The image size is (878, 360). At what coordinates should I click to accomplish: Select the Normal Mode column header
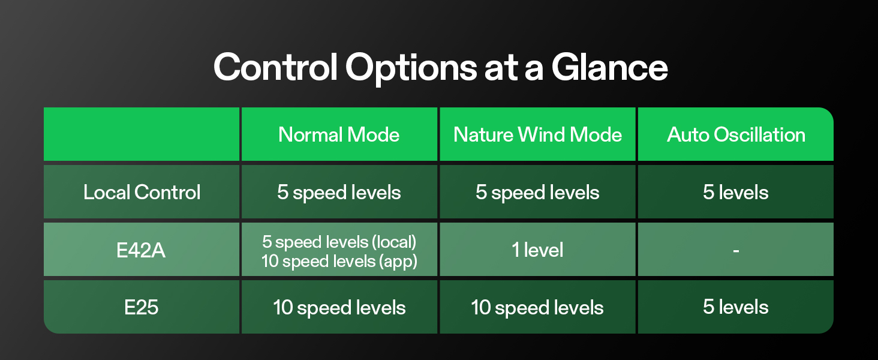[339, 134]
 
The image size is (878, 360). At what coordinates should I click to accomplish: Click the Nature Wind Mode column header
[537, 134]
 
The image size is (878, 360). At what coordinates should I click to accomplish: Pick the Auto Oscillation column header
[736, 134]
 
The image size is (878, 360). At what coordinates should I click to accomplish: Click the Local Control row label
[142, 192]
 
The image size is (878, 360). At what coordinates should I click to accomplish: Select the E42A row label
[142, 250]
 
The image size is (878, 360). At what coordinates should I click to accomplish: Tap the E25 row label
[142, 307]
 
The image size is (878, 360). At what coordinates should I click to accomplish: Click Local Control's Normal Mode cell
[339, 192]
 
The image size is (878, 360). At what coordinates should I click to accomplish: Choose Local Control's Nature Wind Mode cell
[537, 192]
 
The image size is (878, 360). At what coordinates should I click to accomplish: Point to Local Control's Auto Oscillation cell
[736, 192]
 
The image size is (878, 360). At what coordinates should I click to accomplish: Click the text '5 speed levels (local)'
[339, 242]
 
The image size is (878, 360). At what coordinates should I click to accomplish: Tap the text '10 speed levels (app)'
[339, 261]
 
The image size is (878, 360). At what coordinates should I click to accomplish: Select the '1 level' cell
[537, 250]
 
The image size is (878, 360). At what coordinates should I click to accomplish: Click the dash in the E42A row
[736, 250]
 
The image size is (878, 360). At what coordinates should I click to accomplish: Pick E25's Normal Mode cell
[339, 308]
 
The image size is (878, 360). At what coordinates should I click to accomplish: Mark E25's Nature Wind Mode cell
[537, 308]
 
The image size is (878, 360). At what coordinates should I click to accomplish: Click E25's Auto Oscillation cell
[736, 307]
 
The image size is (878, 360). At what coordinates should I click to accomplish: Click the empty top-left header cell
[142, 134]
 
